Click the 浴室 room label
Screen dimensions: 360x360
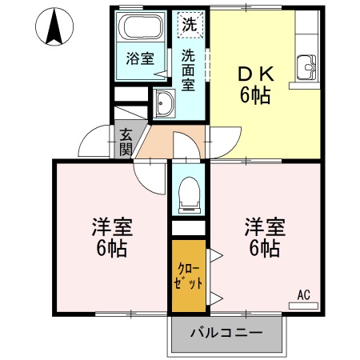pos(140,58)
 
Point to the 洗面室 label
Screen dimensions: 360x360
pos(189,69)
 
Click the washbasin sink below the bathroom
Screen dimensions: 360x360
pos(165,103)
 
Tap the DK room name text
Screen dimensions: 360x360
pos(255,74)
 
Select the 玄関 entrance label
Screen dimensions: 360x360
pos(126,142)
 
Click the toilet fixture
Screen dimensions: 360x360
pos(189,192)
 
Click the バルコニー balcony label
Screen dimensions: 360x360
pos(226,331)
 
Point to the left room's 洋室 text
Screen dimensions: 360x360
pos(107,226)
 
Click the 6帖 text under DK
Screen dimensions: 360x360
pos(255,96)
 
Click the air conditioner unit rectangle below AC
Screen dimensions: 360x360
pos(303,305)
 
